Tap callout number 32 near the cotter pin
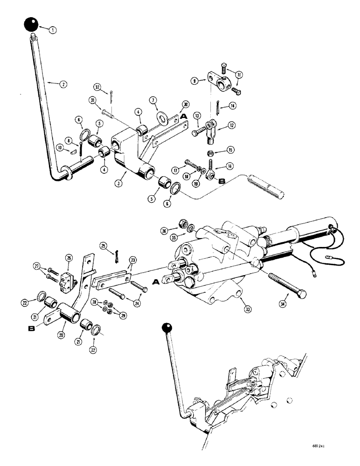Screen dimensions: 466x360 pos(97,86)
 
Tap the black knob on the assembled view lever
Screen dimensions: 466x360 pos(166,328)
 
